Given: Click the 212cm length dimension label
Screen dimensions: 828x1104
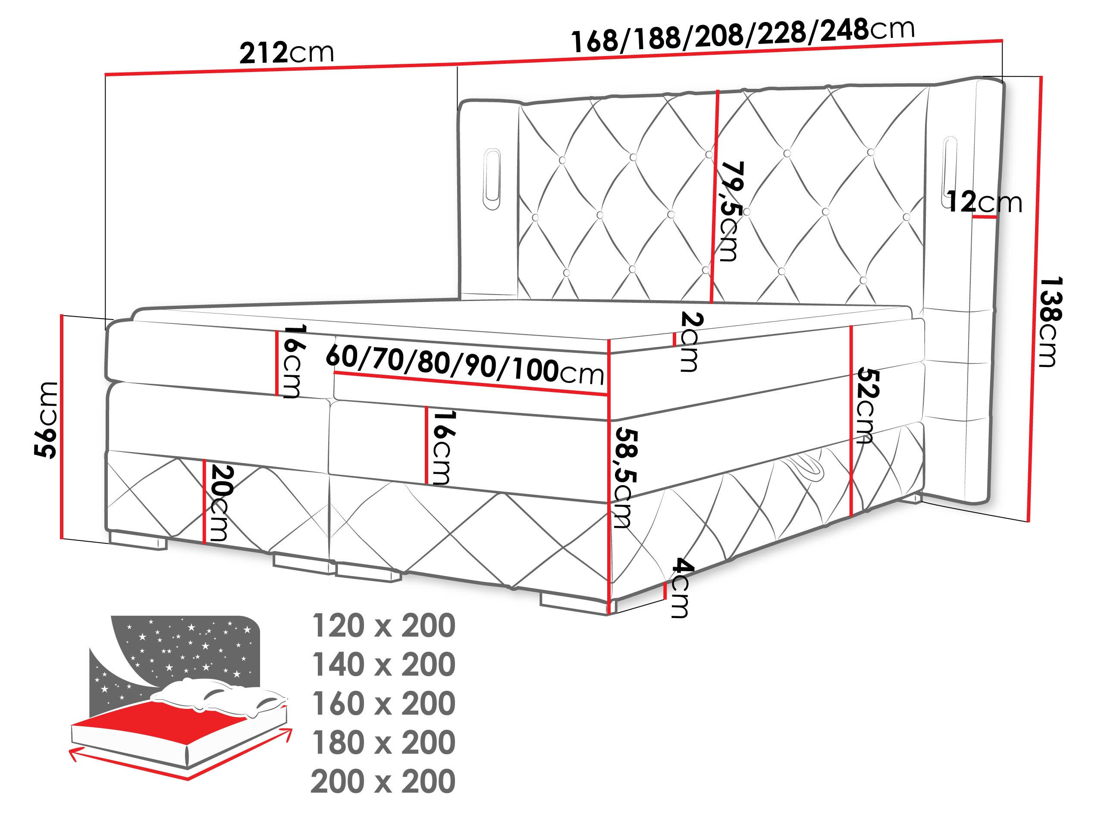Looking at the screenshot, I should click(x=286, y=53).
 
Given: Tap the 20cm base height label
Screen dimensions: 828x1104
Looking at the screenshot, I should click(x=220, y=502).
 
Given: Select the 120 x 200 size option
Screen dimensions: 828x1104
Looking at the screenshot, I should click(x=383, y=626).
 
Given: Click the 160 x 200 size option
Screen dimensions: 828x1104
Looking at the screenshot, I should click(x=383, y=704).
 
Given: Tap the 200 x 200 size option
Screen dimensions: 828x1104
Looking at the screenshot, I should click(x=383, y=781).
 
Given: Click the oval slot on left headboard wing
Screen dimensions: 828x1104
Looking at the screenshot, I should click(x=492, y=179).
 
